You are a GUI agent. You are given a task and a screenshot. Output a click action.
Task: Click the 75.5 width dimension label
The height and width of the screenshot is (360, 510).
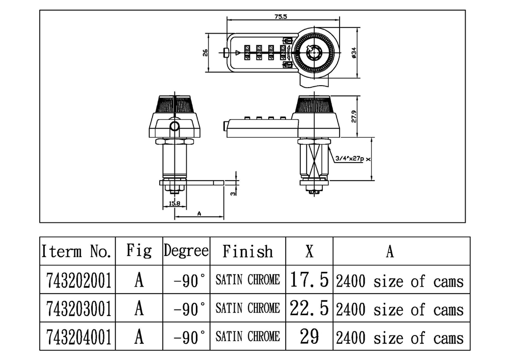click(x=280, y=17)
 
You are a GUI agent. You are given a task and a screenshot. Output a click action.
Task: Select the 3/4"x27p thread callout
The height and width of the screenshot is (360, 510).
click(x=349, y=159)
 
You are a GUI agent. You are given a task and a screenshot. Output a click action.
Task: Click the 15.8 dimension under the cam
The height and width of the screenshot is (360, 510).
click(x=174, y=203)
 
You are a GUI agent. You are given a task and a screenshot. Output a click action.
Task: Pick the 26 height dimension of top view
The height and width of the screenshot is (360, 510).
click(x=205, y=53)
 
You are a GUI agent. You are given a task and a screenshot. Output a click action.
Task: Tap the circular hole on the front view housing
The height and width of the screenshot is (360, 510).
click(x=174, y=126)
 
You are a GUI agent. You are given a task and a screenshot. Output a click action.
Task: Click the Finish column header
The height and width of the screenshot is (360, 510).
click(x=248, y=251)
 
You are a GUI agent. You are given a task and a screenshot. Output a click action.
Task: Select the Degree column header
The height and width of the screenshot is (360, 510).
click(x=186, y=251)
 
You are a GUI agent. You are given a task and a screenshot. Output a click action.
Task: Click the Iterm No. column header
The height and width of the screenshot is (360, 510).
click(x=77, y=251)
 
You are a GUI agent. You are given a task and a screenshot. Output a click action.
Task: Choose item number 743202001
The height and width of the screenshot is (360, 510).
click(x=79, y=280)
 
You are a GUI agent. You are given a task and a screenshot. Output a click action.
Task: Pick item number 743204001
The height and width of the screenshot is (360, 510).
click(x=79, y=337)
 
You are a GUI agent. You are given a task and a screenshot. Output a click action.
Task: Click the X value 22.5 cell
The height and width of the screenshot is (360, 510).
click(x=309, y=307)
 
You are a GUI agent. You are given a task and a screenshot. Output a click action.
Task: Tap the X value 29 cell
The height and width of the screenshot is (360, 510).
click(x=309, y=337)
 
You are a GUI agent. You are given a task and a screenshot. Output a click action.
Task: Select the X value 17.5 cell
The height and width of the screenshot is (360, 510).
click(x=309, y=279)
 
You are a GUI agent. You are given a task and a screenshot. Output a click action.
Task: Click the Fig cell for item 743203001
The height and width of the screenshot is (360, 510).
click(x=139, y=308)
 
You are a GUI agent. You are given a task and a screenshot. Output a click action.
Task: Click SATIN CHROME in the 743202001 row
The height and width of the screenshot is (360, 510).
click(x=248, y=280)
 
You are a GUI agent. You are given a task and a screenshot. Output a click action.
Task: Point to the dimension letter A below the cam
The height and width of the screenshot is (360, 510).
click(x=199, y=214)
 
